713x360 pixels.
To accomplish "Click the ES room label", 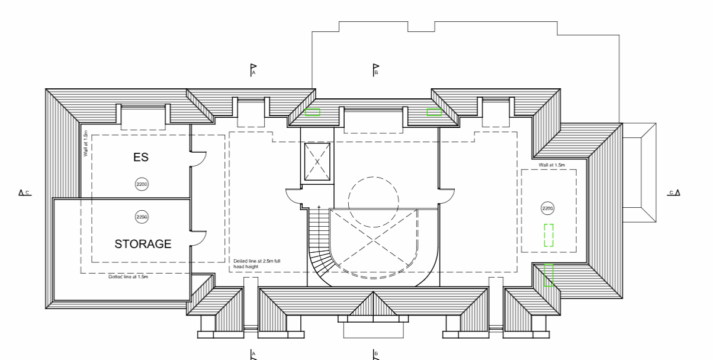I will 140,157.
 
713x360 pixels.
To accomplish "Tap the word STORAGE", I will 143,243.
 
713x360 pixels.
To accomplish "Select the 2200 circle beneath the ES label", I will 142,184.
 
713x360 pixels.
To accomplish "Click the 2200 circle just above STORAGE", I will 142,217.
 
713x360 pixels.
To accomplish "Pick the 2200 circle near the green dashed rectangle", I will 548,208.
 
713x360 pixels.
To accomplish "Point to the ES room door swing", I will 198,159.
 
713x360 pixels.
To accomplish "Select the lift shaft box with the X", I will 317,162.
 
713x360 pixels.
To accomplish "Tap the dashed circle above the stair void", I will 373,202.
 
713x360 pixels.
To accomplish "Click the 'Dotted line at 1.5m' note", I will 128,277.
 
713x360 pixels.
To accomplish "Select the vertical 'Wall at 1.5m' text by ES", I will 86,143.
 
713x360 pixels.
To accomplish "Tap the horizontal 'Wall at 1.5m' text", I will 552,165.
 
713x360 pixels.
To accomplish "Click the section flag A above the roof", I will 253,70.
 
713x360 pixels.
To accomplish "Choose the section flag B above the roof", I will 375,70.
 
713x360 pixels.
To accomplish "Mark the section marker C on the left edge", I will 24,192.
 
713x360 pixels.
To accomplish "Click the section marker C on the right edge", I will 674,192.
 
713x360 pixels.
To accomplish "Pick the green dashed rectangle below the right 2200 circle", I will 549,235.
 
